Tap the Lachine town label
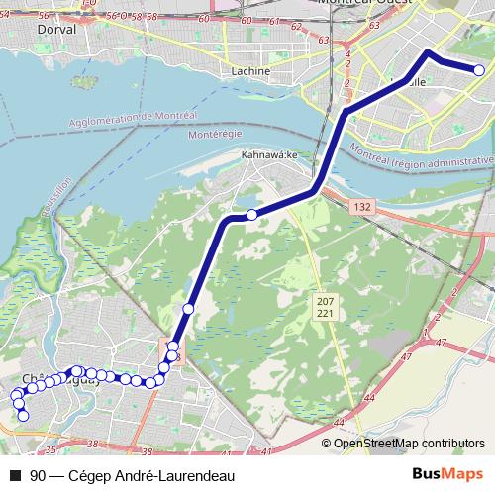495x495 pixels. (249, 71)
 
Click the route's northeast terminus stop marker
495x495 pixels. (479, 70)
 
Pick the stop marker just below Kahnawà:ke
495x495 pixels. (252, 215)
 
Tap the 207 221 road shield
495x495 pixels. (325, 306)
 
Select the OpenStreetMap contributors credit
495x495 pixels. (409, 443)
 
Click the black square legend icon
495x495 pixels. (15, 476)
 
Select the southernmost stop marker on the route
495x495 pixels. (24, 415)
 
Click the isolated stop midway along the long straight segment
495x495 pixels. (188, 309)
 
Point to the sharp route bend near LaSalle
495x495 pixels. (427, 51)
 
